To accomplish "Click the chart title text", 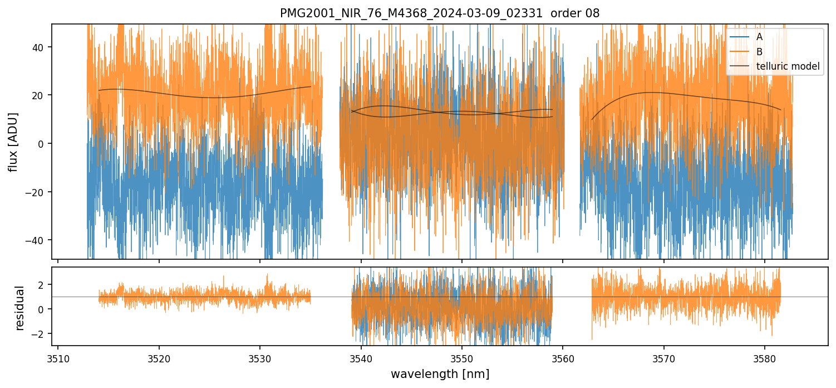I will click(440, 13).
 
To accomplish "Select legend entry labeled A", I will click(760, 37).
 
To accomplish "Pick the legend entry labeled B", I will click(760, 52).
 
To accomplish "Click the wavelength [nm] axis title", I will click(440, 374).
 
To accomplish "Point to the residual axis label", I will click(20, 308).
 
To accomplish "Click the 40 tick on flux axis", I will click(41, 47).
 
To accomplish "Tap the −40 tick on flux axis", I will click(38, 240).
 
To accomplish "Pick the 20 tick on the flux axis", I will click(41, 95).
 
